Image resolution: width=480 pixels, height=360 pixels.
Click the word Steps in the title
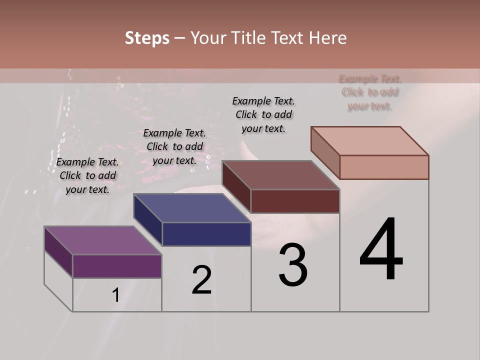(147, 38)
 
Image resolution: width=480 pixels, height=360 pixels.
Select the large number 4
(381, 249)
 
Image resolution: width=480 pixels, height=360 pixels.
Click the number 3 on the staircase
(293, 265)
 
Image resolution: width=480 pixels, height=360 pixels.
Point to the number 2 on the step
(201, 280)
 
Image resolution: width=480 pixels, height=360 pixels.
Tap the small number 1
(116, 295)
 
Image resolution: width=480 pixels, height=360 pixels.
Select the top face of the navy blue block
(192, 208)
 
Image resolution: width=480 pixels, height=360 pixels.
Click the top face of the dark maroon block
(280, 175)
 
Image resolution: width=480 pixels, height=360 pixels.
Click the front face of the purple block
(117, 266)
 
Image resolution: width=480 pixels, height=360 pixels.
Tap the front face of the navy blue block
(206, 234)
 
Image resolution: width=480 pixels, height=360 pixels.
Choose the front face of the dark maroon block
(295, 201)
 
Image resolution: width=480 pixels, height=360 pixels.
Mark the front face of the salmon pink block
(384, 167)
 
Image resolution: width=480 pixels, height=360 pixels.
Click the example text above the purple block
(87, 175)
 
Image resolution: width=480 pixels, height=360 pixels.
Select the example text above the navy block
(174, 146)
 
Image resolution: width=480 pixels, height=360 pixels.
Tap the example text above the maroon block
(263, 114)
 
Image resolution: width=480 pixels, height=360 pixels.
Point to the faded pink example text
(370, 92)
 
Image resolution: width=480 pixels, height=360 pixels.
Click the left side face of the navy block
(148, 220)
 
